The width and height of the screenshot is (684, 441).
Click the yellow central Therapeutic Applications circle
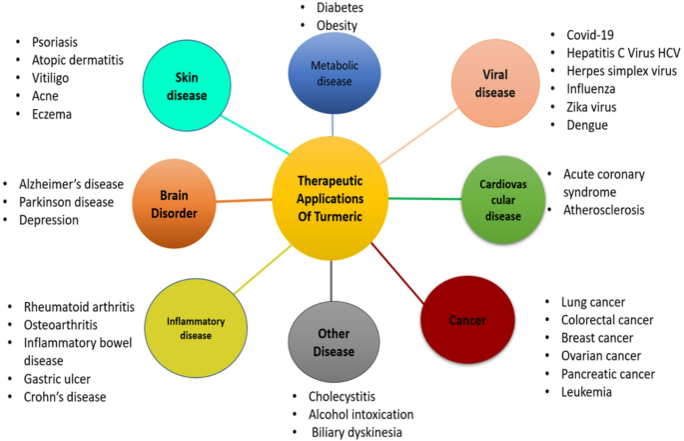pos(331,198)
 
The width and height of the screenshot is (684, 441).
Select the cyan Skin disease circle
pos(187,86)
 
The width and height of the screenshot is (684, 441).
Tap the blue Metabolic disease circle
pos(335,73)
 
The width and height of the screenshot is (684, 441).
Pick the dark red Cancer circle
pos(467,320)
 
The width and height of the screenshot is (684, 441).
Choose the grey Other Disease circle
pos(334,342)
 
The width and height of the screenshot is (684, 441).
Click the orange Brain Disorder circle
pos(174,204)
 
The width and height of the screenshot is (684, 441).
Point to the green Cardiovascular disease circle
pos(503,200)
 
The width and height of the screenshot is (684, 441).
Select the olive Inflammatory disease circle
pos(196,328)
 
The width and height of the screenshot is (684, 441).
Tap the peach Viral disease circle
pos(495,83)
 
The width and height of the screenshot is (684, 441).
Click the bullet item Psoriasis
pos(55,42)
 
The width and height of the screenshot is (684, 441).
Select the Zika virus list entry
pos(591,107)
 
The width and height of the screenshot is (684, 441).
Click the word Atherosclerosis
pos(604,210)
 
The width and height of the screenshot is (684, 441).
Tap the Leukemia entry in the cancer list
pos(586,392)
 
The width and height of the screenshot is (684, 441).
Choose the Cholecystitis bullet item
pos(342,396)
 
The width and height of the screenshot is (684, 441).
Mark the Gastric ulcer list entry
pos(57,378)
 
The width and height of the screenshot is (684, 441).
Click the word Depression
pos(49,220)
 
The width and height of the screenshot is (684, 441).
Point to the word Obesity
pos(337,25)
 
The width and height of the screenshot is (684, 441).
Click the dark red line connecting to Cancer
pos(397,273)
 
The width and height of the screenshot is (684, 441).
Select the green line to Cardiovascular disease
pos(425,199)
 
